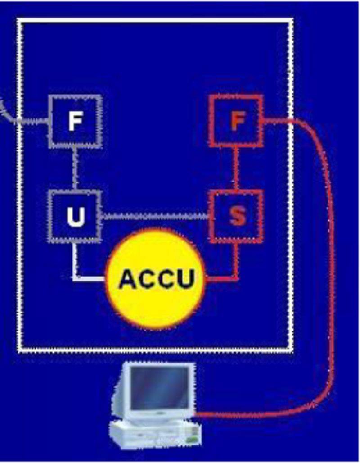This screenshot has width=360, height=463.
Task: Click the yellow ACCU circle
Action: click(156, 279)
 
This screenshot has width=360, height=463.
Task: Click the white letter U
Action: click(76, 216)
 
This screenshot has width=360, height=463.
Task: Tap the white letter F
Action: click(75, 121)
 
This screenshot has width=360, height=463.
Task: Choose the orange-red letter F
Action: click(238, 121)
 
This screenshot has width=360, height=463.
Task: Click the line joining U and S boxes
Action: click(156, 217)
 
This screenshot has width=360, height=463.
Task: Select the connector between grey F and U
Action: click(75, 168)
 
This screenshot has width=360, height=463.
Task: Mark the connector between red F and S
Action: click(236, 168)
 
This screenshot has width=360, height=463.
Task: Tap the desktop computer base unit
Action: click(155, 435)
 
